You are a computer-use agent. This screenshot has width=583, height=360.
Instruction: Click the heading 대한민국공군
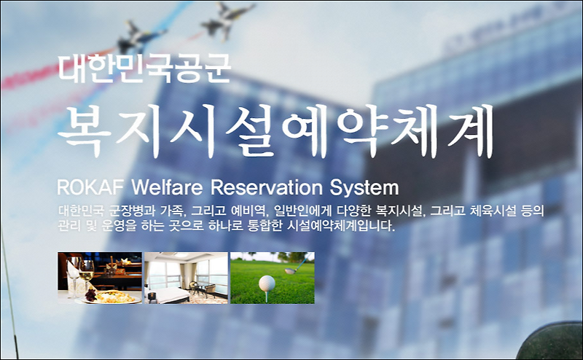(144, 69)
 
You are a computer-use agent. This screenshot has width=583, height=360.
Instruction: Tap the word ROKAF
(89, 187)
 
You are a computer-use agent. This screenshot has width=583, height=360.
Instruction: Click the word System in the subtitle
(364, 187)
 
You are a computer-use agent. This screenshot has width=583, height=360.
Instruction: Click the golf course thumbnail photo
(273, 278)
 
